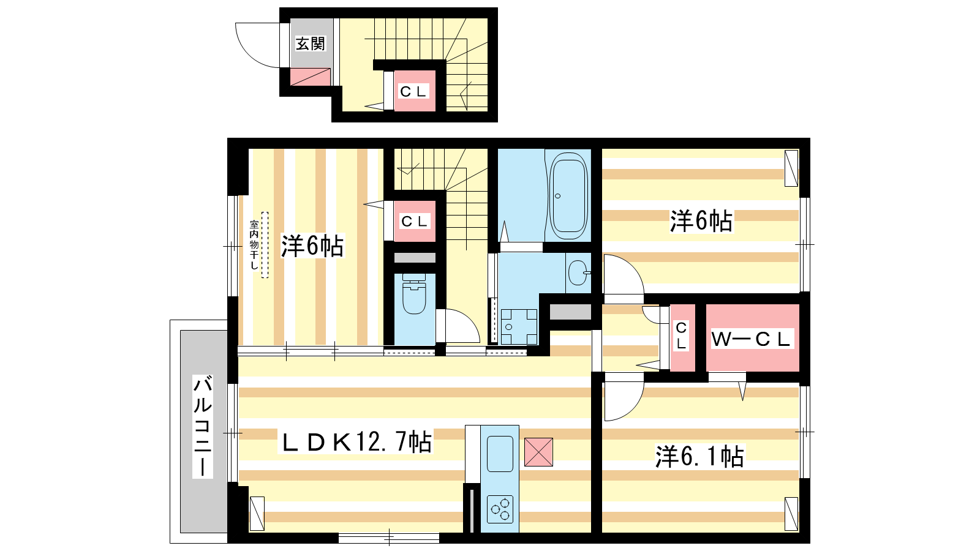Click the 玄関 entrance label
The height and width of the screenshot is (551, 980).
pos(310,43)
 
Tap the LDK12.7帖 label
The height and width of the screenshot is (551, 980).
pos(356,442)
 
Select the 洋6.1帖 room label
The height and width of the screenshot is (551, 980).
pos(699,457)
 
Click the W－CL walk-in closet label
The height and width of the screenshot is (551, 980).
pos(752,339)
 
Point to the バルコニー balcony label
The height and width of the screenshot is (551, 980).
pos(203,426)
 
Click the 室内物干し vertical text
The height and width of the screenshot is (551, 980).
pos(254,245)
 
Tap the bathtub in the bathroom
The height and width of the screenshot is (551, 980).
pos(568,195)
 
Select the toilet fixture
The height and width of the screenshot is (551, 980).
pos(414,294)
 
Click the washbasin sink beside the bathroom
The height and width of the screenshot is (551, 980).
pos(578,272)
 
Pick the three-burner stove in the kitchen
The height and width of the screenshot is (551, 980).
pos(500,509)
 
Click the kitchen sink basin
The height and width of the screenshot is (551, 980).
pos(500,454)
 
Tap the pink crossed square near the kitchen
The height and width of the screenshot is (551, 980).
pos(538,452)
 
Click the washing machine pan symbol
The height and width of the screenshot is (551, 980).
pos(519,327)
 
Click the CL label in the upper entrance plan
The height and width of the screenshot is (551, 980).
pos(413,91)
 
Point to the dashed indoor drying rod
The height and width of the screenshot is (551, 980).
pos(265,245)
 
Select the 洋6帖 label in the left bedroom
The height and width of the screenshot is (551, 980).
pos(312,246)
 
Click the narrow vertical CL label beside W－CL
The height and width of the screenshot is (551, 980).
pos(681,335)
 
